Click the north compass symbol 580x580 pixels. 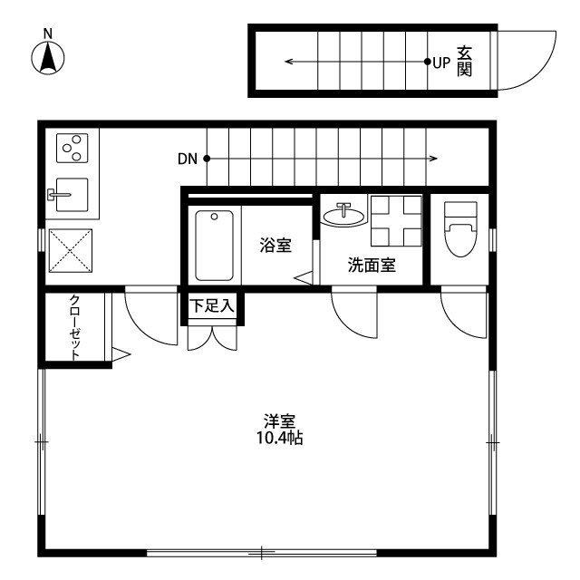tap(48, 56)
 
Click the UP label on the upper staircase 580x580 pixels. tap(441, 63)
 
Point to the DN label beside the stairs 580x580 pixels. tap(187, 159)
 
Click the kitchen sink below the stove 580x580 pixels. tap(72, 195)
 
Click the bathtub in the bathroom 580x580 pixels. tap(215, 245)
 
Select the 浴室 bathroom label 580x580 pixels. tap(275, 245)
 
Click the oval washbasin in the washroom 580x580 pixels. tap(345, 215)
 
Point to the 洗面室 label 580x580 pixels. tap(372, 266)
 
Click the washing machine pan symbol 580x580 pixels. tap(396, 220)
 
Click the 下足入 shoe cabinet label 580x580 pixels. tap(212, 306)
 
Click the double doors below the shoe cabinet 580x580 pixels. tap(212, 337)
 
